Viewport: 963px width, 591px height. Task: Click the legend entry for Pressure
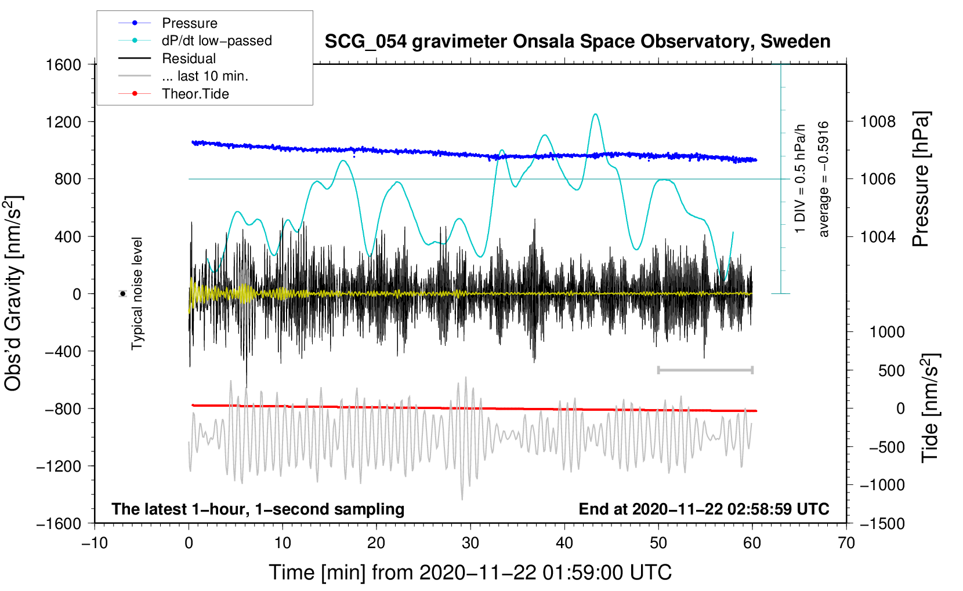[168, 23]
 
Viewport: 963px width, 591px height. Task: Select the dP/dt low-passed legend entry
[195, 41]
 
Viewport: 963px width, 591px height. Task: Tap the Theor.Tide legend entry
[173, 94]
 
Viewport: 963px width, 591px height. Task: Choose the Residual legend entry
[167, 58]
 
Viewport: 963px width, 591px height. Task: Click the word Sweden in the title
[795, 41]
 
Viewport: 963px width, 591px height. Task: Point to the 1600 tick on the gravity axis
[64, 65]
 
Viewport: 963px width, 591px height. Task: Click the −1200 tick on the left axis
[59, 466]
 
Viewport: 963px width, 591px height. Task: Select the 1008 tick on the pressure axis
[878, 122]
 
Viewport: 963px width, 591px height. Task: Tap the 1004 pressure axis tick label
[878, 236]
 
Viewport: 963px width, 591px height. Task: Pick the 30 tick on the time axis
[470, 543]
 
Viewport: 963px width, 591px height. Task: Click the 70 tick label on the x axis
[846, 543]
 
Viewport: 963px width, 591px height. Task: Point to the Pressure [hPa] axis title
[921, 179]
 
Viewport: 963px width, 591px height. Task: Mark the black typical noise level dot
[123, 294]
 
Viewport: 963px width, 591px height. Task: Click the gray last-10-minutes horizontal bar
[705, 370]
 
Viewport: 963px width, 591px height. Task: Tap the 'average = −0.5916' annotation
[823, 179]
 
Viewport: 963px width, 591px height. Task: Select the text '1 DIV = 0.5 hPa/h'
[799, 179]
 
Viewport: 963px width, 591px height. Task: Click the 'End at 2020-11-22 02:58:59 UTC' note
[704, 509]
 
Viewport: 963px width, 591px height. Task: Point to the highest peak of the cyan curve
[595, 114]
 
